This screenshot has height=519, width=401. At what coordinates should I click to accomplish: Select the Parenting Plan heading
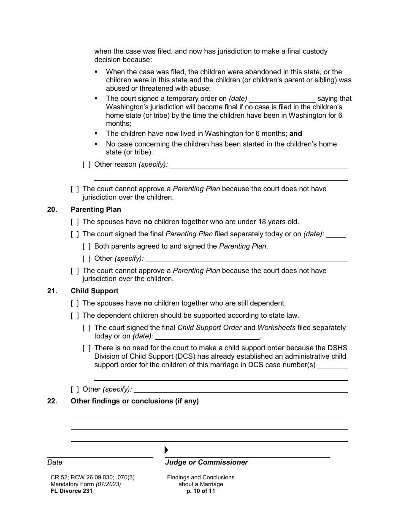pos(96,209)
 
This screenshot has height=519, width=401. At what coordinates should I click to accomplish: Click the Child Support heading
pos(95,291)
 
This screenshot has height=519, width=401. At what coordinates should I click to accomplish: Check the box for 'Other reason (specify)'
pos(86,165)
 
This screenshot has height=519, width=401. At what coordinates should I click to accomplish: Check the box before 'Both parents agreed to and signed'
pos(86,246)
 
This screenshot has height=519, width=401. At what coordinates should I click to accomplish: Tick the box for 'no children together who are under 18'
pos(74,222)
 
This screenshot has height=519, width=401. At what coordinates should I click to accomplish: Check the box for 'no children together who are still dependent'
pos(74,303)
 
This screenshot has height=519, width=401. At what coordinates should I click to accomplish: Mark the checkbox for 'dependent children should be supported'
pos(74,315)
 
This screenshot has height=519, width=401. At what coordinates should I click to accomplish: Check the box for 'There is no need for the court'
pos(86,348)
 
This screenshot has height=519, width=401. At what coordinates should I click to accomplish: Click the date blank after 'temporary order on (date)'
pos(282,99)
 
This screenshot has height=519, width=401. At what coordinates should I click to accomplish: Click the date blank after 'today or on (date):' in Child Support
pos(207,336)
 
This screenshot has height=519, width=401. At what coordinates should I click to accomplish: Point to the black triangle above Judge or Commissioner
pos(166,450)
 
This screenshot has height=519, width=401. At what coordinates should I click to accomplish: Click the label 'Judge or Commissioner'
pos(206,462)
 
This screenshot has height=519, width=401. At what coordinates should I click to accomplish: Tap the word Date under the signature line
pos(55,462)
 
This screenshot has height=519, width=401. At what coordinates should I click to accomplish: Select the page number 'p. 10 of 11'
pos(200,491)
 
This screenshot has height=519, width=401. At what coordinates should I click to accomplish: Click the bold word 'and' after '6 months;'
pos(295,133)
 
